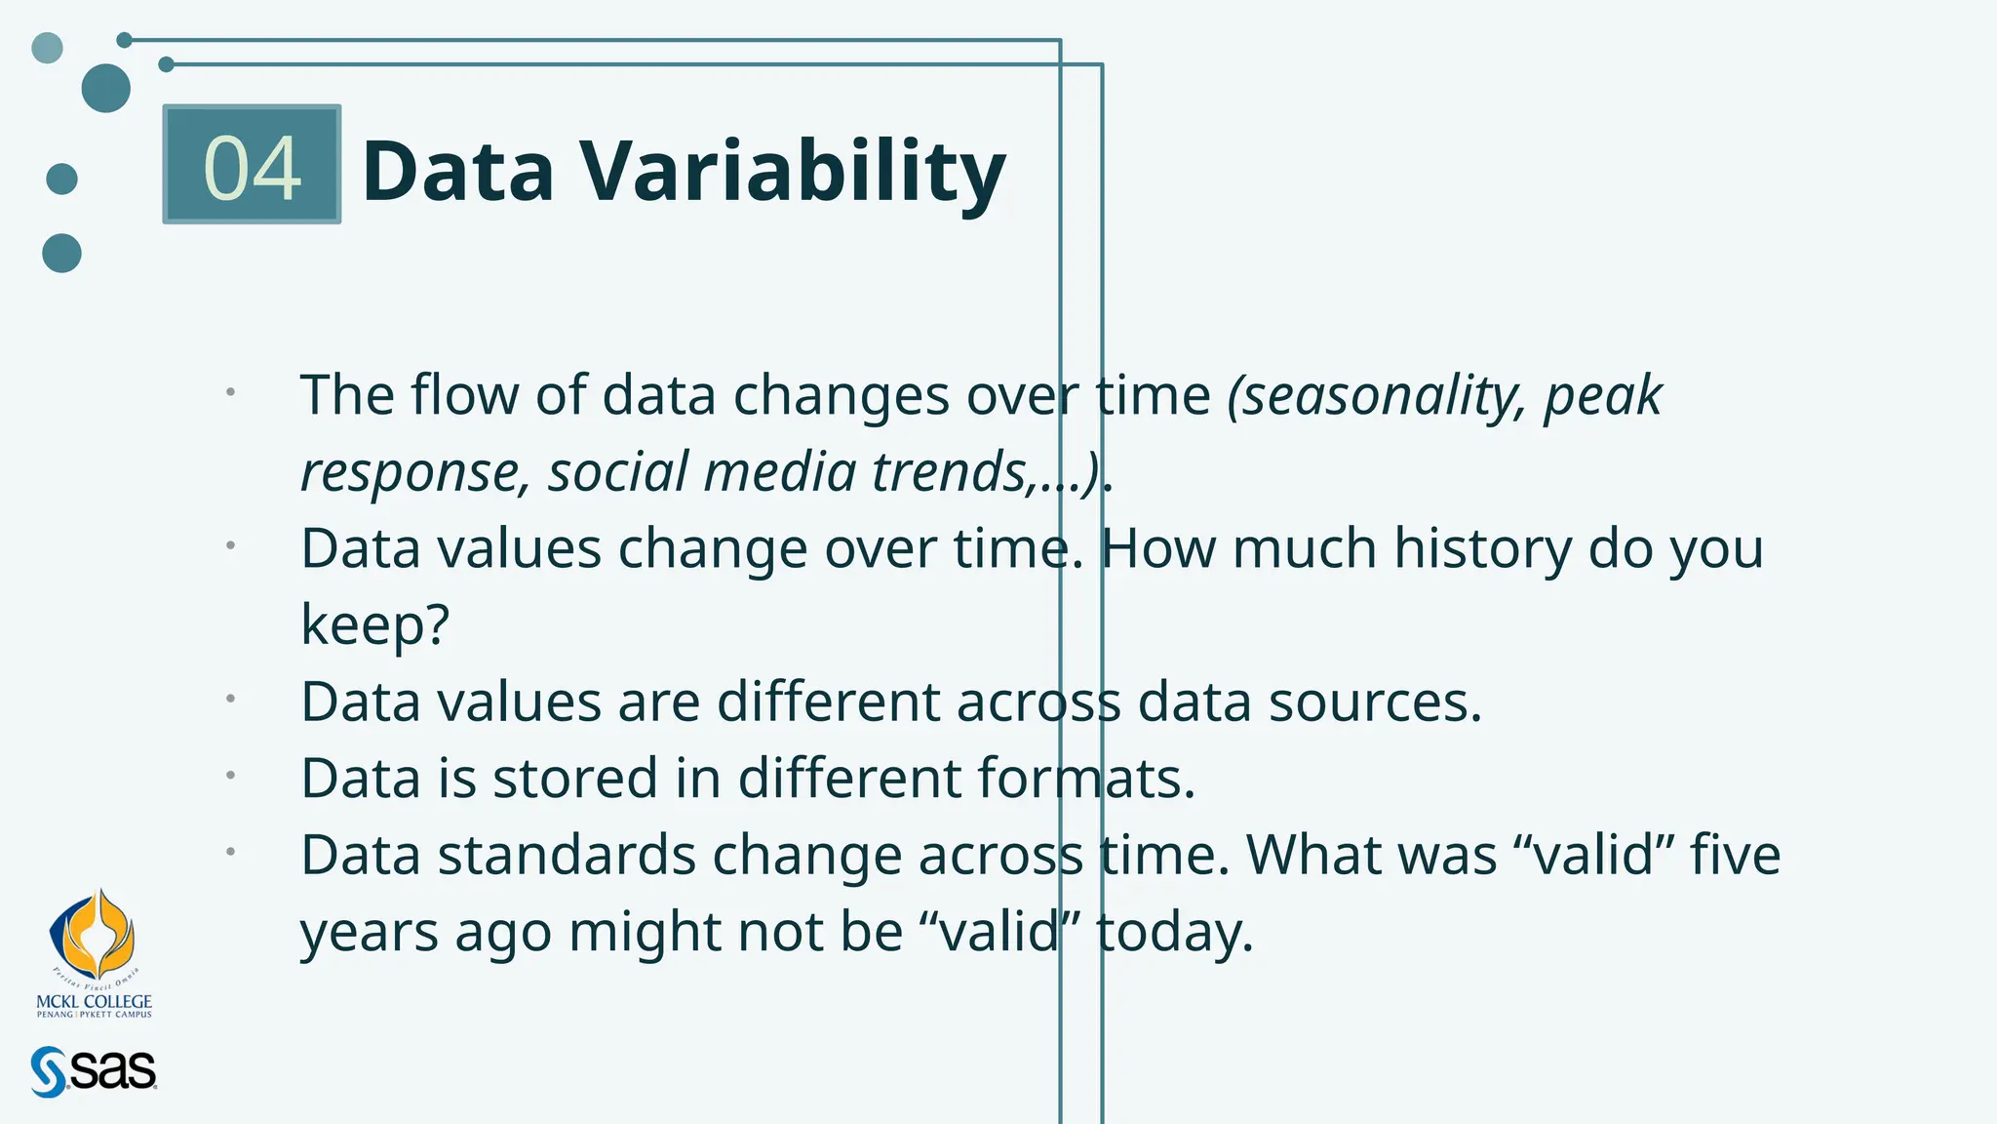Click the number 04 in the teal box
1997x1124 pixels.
(252, 168)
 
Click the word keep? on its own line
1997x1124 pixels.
(374, 624)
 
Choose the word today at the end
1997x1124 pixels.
(1173, 932)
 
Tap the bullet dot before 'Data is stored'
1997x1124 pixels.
(231, 776)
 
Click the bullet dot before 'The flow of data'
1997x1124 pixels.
(231, 392)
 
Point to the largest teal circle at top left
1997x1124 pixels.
(105, 88)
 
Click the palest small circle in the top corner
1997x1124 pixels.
(47, 47)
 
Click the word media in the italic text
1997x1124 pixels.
(779, 472)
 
